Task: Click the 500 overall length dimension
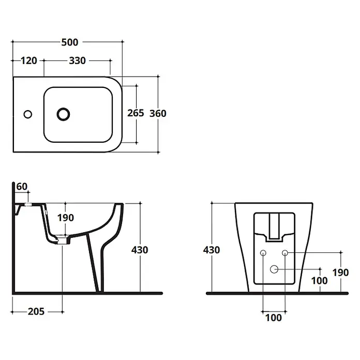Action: coord(70,42)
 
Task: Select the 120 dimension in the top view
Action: coord(29,61)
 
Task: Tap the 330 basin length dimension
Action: coord(78,61)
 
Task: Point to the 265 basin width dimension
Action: coord(136,113)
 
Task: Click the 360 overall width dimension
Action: coord(158,113)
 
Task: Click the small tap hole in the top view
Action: coord(28,114)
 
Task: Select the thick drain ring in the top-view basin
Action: coord(64,114)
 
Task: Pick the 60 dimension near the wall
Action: coord(22,186)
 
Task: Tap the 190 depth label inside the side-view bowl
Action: coord(66,218)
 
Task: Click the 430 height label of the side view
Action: coord(140,250)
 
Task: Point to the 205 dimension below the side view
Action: coord(36,311)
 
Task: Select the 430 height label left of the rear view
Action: coord(212,250)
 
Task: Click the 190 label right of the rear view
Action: coord(341,273)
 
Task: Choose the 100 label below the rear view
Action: coord(274,318)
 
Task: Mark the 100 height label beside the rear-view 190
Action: coord(319,280)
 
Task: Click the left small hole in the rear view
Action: coord(263,253)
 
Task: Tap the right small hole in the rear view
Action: coord(285,253)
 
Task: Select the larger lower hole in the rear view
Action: coord(274,269)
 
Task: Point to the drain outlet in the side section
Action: coord(63,240)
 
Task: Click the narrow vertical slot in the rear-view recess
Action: coord(274,226)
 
